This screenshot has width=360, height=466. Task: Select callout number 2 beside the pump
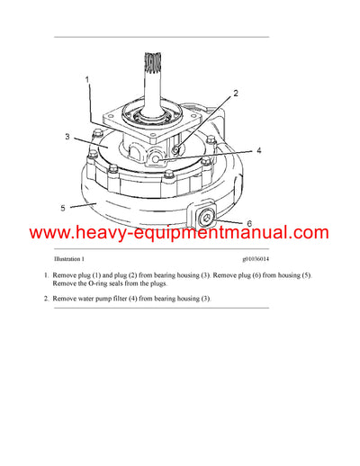click(236, 94)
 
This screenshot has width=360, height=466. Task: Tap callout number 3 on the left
click(67, 138)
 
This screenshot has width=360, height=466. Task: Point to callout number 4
click(257, 152)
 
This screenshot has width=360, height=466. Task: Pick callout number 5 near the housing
click(63, 208)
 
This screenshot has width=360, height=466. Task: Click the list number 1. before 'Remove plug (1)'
click(46, 274)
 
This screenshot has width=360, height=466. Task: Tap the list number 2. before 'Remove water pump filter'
click(46, 299)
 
